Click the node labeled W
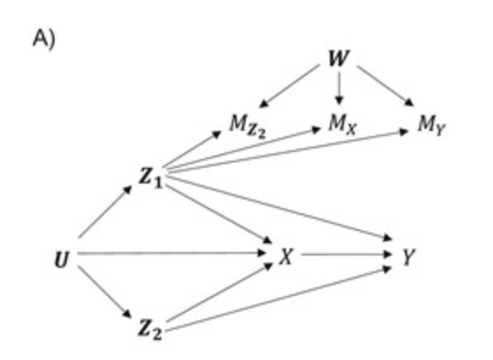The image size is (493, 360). [339, 59]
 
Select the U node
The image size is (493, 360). [61, 260]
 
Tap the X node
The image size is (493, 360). [287, 256]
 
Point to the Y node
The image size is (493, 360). [408, 257]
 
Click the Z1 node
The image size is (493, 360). [151, 177]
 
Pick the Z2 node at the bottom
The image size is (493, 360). [150, 329]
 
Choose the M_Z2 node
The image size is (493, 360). [247, 126]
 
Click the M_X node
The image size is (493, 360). [343, 125]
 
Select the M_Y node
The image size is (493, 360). [432, 126]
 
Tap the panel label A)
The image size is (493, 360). [44, 39]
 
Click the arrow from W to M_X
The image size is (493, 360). [339, 89]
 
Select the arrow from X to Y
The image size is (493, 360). [347, 254]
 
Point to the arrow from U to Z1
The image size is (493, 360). [105, 212]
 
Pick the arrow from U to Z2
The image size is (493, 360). [105, 292]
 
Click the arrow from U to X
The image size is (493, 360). [172, 253]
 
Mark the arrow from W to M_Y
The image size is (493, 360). [386, 86]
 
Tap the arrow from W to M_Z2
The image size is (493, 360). [289, 86]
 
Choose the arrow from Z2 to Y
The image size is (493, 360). [279, 299]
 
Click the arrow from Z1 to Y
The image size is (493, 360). [281, 207]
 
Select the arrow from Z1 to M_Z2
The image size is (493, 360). [192, 149]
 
